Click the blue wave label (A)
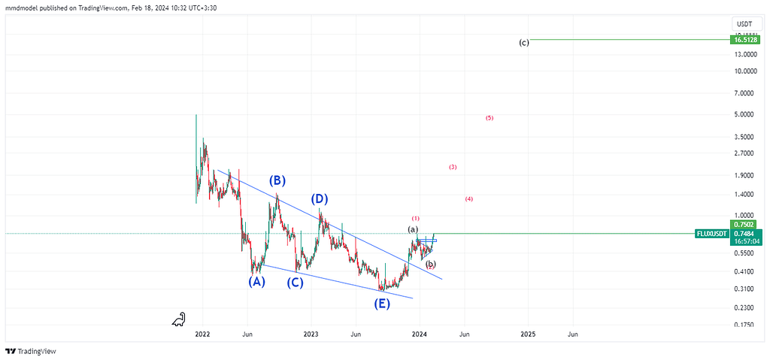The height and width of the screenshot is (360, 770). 257,282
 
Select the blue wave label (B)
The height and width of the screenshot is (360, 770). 277,180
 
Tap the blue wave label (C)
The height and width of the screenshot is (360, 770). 296,283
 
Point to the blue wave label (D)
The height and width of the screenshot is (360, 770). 320,199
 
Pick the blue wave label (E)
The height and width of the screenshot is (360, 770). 382,304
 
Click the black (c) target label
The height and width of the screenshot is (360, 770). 524,43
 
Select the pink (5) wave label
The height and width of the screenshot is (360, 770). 490,118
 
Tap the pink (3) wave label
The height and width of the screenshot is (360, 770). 453,167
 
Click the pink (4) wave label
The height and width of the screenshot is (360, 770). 469,199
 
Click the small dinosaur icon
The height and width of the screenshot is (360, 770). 179,320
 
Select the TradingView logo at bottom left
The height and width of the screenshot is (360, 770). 31,351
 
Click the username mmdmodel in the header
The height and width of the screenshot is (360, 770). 25,8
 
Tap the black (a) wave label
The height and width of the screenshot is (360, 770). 412,229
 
